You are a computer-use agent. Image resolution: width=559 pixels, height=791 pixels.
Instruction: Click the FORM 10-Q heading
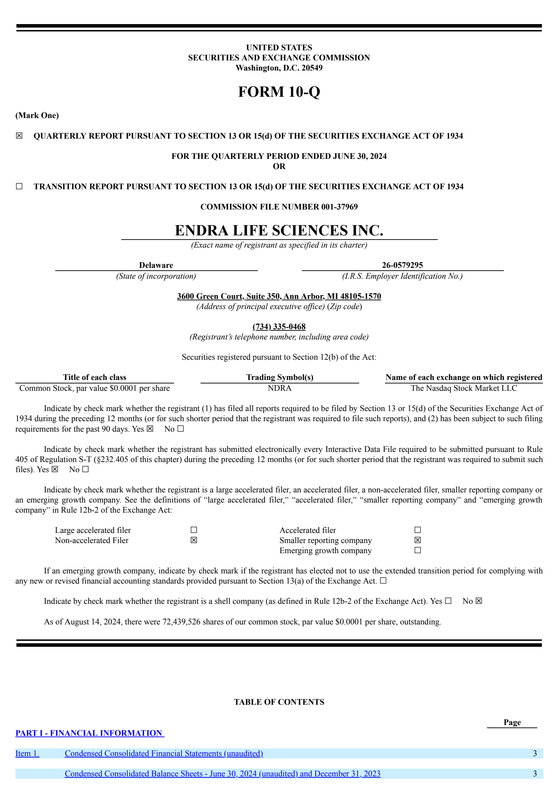click(279, 92)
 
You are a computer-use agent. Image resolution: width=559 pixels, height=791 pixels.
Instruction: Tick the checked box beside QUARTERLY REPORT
click(19, 136)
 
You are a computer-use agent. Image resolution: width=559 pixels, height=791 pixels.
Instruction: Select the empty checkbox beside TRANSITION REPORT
click(19, 186)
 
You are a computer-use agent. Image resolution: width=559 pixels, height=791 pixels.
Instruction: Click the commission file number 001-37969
click(339, 207)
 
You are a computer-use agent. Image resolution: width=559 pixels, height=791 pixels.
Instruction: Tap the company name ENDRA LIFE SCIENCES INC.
click(279, 230)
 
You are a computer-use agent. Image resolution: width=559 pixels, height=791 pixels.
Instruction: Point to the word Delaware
click(156, 265)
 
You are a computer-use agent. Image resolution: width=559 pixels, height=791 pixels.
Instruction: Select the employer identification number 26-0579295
click(402, 265)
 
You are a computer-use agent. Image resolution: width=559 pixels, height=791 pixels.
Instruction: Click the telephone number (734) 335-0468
click(279, 327)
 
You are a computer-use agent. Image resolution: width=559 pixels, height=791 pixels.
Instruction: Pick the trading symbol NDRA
click(279, 388)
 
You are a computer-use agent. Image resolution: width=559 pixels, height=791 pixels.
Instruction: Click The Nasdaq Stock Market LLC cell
click(464, 388)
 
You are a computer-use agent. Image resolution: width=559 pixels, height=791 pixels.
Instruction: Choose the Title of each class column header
click(94, 377)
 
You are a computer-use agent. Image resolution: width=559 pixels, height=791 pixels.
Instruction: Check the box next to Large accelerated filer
click(194, 530)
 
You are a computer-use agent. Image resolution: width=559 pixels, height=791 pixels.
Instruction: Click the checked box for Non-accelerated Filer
click(194, 540)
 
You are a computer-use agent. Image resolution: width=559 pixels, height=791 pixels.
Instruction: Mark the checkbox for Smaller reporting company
click(418, 540)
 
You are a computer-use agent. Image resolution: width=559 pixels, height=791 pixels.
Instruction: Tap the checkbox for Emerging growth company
click(418, 550)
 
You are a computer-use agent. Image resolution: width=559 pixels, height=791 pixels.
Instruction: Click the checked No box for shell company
click(479, 601)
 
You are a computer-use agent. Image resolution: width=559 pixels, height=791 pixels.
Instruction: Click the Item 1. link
click(27, 753)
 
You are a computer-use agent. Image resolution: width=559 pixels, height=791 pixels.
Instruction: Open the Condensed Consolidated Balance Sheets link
click(222, 774)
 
